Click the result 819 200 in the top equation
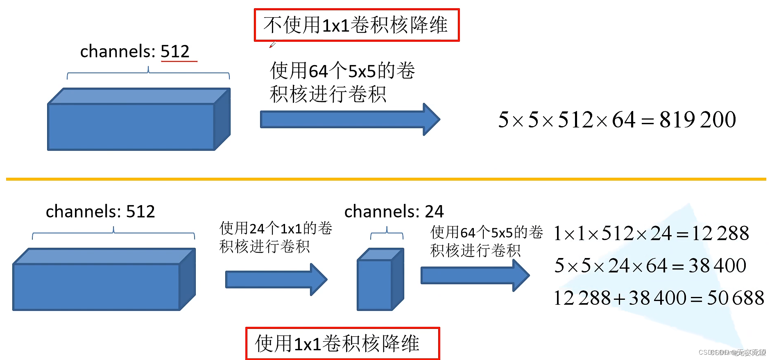[x=697, y=120]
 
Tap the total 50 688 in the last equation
[x=735, y=298]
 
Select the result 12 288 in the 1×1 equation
[x=720, y=233]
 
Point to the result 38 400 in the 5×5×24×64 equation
[x=717, y=265]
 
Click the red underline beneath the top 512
[x=179, y=61]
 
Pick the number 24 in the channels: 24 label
[x=434, y=212]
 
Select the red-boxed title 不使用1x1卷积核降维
[x=356, y=25]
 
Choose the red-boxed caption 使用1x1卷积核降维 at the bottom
[x=342, y=343]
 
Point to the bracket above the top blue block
[x=148, y=73]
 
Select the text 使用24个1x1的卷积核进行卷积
[x=275, y=237]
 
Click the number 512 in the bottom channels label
[x=140, y=212]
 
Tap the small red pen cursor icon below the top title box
[x=272, y=45]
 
